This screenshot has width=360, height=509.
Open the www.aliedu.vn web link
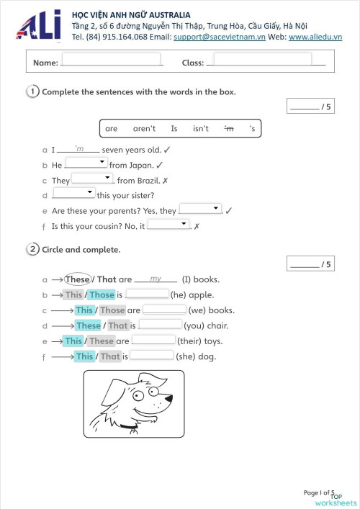coord(315,37)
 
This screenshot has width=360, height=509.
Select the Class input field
coord(262,60)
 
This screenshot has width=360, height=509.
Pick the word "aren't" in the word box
coord(144,129)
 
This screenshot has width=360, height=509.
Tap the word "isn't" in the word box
coord(201,129)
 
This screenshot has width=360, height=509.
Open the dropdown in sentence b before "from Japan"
coord(86,163)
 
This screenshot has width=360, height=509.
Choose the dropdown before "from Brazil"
coord(93,179)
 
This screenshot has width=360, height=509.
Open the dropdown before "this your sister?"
coord(73,194)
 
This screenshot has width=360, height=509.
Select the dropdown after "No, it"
coord(168,225)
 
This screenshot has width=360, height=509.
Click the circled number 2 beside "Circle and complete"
coord(32,250)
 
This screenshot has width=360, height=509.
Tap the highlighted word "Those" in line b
coord(102,294)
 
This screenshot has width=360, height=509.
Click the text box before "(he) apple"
coord(148,294)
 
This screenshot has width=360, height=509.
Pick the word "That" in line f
coord(110,356)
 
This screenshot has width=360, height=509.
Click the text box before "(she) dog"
coord(151,356)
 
